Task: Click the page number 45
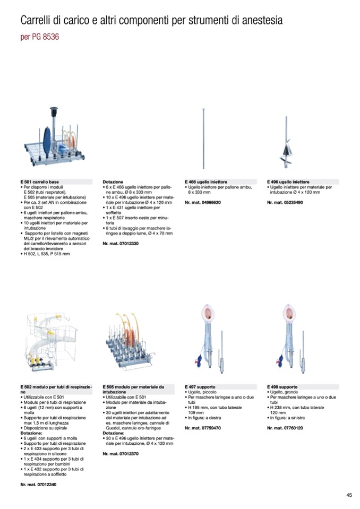coord(349,495)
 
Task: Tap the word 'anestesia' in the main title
coord(259,21)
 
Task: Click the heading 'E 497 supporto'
coord(200,387)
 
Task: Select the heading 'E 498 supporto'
coord(282,387)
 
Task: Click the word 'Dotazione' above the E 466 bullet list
coord(113,182)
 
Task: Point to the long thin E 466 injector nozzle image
coord(204,138)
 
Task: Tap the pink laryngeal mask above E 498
coord(289,313)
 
